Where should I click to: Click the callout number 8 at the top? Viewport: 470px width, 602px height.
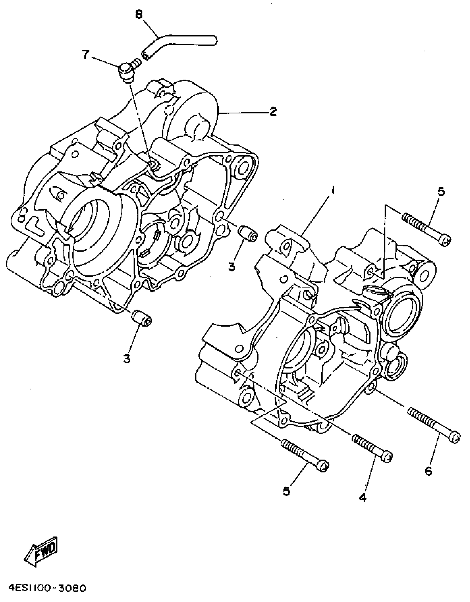(139, 14)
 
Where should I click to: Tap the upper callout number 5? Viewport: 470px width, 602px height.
(441, 191)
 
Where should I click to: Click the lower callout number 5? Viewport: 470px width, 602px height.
(286, 491)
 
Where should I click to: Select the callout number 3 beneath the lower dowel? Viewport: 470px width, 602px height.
(127, 359)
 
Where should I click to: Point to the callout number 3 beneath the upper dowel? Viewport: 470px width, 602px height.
(232, 266)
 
